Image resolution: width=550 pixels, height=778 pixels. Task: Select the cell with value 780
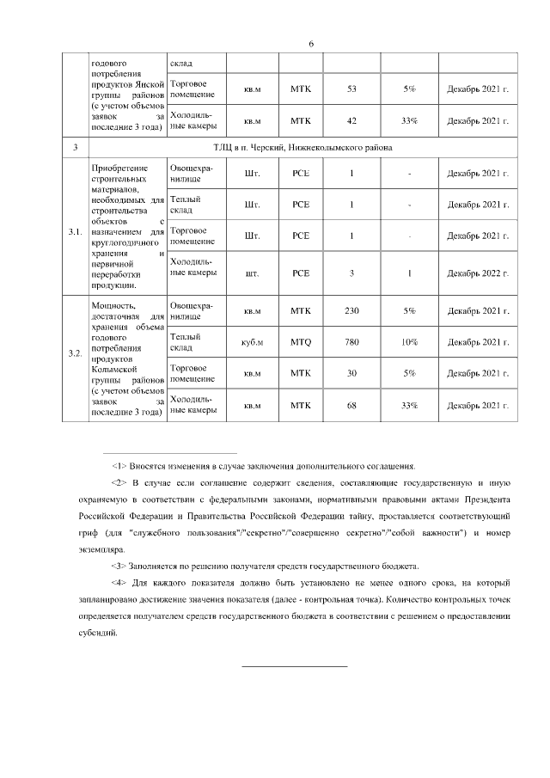[351, 342]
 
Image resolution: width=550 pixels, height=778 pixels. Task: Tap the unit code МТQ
[301, 342]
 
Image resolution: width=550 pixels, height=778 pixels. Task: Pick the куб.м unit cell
[252, 342]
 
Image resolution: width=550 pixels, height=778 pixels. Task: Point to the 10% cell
[409, 342]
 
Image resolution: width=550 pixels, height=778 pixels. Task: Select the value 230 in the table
[351, 311]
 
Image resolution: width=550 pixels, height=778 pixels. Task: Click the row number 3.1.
[75, 231]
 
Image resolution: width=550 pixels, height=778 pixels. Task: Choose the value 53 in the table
[351, 89]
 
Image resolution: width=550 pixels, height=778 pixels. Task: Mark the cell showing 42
[351, 120]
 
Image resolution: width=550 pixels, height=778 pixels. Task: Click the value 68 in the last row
[351, 405]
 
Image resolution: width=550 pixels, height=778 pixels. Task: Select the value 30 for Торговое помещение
[351, 373]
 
